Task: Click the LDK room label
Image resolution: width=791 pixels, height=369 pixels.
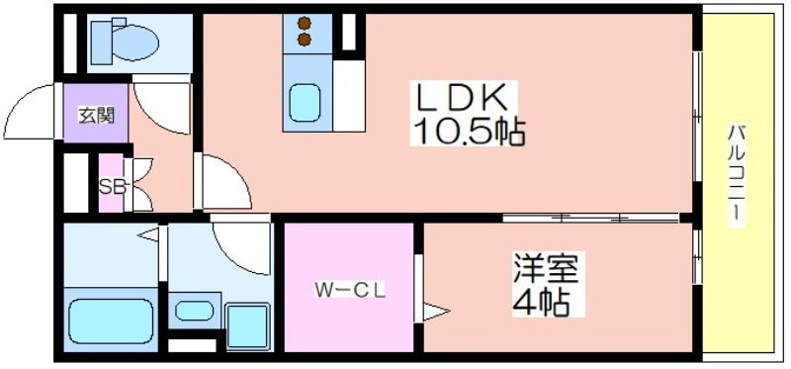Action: pos(460,100)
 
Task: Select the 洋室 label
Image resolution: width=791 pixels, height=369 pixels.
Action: pos(545,267)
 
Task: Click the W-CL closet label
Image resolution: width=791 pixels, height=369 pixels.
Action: pos(350,290)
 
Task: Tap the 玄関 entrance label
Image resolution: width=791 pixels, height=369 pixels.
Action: pos(96,116)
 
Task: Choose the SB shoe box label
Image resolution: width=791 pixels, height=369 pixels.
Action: pos(112,187)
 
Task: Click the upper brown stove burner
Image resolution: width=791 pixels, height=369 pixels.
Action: pos(304,23)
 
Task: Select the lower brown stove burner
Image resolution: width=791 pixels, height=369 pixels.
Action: pos(304,39)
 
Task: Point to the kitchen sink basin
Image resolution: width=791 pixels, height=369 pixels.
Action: pos(306,103)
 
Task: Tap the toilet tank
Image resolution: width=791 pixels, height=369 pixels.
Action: pos(102,42)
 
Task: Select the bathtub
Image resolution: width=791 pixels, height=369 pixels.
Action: pos(111,323)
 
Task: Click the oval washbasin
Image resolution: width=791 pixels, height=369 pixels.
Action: pos(195,311)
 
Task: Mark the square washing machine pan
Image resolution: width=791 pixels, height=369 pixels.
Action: pos(246,326)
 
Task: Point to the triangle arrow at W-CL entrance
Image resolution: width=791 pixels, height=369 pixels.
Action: pos(435,312)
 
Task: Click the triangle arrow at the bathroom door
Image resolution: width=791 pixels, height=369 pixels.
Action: pos(149,234)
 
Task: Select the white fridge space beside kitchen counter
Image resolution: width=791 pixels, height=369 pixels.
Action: pos(349,96)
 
